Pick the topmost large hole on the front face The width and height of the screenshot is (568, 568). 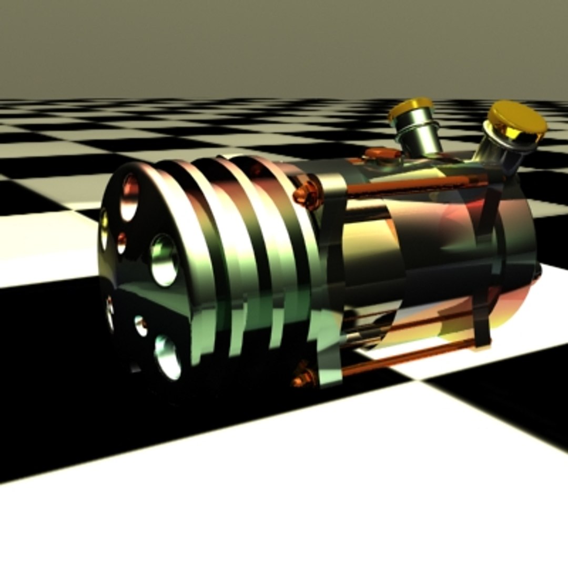pos(129,197)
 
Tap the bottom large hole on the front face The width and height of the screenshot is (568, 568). pos(167,358)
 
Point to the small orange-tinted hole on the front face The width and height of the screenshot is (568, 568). pos(121,242)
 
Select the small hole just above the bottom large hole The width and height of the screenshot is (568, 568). pos(140,326)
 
